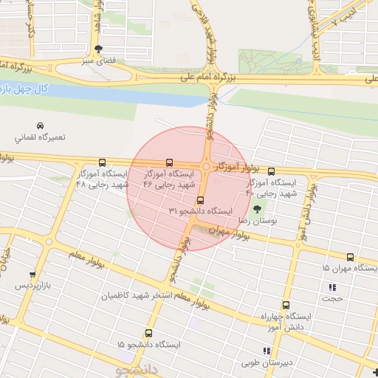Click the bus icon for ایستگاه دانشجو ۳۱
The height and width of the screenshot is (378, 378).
[x=199, y=200]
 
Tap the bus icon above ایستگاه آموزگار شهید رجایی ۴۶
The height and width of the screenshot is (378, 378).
[x=171, y=162]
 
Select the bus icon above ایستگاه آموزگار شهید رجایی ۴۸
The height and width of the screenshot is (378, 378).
[x=102, y=163]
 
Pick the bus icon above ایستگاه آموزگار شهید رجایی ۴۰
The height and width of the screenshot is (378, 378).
[x=271, y=171]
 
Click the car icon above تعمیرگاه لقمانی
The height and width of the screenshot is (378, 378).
[x=41, y=126]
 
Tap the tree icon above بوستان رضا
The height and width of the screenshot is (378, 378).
[x=257, y=210]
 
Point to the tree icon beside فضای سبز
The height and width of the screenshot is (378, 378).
[x=109, y=48]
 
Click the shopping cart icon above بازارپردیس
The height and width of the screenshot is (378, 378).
[x=31, y=274]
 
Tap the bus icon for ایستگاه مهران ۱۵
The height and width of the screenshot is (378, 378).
[x=350, y=257]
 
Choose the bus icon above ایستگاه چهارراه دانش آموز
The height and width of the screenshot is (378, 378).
[x=285, y=305]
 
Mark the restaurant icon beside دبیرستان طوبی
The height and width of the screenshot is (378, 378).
[x=266, y=351]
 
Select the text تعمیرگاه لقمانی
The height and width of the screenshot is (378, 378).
[x=41, y=137]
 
